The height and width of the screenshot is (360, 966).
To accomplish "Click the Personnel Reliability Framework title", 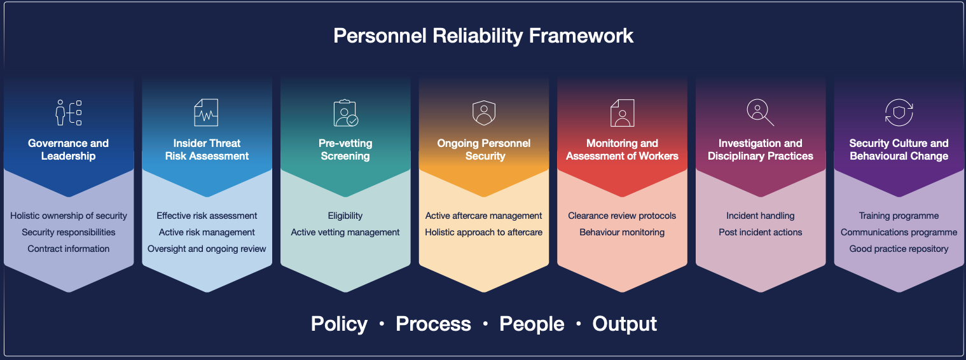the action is [483, 36].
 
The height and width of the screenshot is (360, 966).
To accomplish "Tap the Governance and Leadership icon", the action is [69, 113].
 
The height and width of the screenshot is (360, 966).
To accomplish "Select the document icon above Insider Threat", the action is [206, 113].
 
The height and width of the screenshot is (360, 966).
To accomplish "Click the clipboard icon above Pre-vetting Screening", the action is [345, 113].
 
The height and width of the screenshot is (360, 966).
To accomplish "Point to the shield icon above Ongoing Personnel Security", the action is [484, 113].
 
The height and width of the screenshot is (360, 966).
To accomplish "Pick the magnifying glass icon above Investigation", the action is [761, 113].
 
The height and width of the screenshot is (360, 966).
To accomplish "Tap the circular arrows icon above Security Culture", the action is [899, 113].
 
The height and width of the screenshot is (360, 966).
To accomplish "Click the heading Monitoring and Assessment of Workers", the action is [622, 149].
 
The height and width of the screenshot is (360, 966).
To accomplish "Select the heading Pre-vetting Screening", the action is [345, 149].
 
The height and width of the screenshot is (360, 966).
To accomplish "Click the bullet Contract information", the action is [69, 249].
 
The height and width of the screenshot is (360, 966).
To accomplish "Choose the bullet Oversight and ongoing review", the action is [207, 249].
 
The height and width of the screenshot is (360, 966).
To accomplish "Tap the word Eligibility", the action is [345, 216].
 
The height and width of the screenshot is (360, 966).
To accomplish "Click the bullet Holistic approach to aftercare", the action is [483, 232].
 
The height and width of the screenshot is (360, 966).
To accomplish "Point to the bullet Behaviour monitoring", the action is [622, 232].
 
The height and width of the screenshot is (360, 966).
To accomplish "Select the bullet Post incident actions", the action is [761, 232].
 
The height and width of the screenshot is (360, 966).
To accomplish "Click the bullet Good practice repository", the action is [899, 249].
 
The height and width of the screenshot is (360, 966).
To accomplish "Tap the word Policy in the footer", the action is [339, 324].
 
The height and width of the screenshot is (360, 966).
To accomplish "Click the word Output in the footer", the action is [624, 324].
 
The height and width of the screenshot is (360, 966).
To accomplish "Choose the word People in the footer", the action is [532, 324].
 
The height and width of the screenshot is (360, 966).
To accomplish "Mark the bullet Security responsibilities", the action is [69, 232].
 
